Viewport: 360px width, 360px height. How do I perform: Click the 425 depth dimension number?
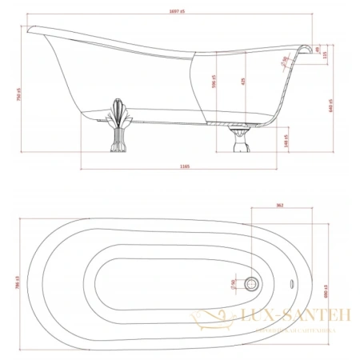coord(244,80)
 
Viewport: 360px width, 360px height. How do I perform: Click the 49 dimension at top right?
coord(318,50)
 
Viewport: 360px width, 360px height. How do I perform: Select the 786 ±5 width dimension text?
coord(18,278)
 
